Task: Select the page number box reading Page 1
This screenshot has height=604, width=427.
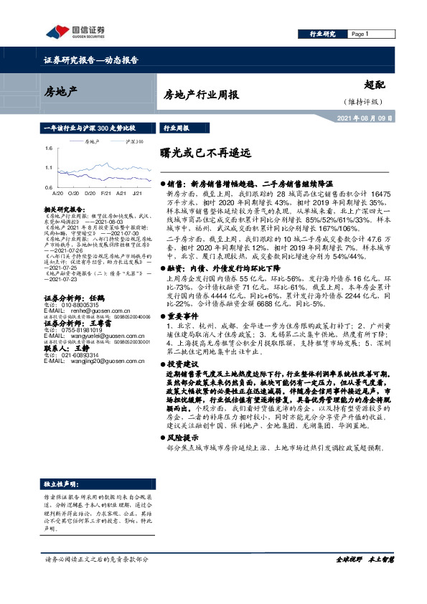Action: tap(360, 34)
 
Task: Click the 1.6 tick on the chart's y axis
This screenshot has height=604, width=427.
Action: tap(47, 148)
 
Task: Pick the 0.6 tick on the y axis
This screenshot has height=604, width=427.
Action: tap(47, 187)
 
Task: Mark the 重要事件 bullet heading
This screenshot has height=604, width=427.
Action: tap(179, 316)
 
